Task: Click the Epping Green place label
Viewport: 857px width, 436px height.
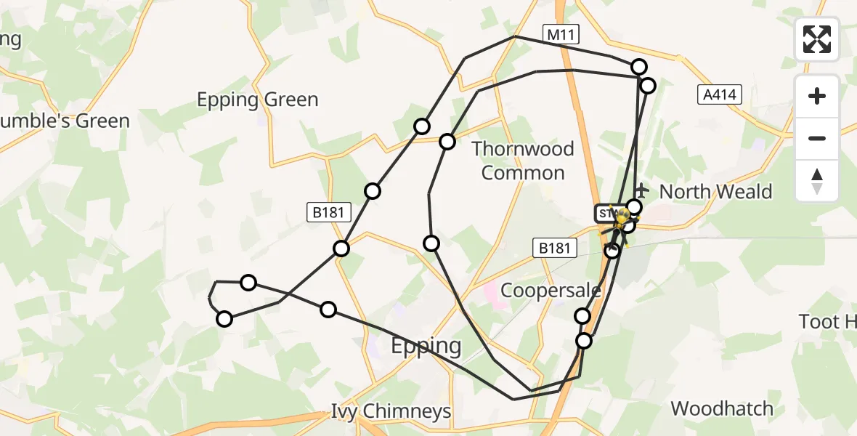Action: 258,100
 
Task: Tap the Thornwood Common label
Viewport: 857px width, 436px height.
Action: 523,161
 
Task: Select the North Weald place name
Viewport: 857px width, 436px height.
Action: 715,192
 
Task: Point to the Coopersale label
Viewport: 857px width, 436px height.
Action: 551,291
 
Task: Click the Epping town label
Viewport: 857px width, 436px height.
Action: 426,346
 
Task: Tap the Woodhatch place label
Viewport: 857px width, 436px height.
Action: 722,408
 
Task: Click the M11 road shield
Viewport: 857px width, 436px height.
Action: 560,33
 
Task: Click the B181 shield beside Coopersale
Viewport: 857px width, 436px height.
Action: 555,249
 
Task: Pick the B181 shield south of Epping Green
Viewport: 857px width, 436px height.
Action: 330,212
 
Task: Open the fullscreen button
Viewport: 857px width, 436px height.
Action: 817,39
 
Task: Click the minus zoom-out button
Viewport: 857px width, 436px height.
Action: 817,138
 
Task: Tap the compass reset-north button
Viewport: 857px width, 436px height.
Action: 817,180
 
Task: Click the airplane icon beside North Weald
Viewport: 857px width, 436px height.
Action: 640,192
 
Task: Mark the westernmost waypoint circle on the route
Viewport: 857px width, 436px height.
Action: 224,319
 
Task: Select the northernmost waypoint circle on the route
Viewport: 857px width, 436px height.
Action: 639,67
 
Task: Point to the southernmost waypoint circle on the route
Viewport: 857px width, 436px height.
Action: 584,341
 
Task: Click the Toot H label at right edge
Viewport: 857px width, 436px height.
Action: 828,321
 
